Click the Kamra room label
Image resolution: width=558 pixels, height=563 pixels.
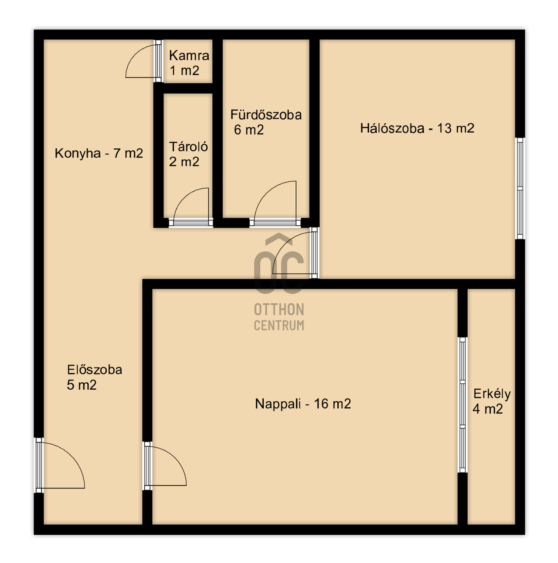coord(189,55)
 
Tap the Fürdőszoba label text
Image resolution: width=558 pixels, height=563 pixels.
coord(266,115)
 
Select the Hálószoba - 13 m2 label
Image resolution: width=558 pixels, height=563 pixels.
coord(417,128)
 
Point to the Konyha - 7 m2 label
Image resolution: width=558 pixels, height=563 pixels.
coord(99,153)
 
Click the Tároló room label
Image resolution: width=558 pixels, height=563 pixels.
coord(189,147)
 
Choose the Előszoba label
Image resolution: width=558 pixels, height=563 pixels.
coord(94,370)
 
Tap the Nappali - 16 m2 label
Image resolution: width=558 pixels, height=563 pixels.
coord(303,404)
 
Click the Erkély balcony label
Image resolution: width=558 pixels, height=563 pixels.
coord(492,394)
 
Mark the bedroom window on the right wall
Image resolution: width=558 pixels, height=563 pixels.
coord(520,189)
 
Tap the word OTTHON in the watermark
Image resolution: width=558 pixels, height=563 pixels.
coord(279,310)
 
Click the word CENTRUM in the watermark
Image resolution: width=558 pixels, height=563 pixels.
coord(279,325)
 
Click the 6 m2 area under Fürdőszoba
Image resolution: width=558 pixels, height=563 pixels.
coord(249,130)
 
